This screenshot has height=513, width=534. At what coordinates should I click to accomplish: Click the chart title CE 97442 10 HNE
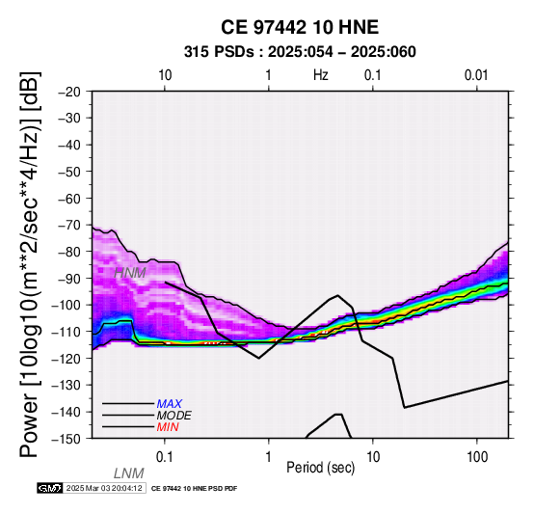(300, 27)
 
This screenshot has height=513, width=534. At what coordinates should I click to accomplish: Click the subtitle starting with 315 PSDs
(300, 52)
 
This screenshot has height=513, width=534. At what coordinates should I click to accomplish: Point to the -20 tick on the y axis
(69, 92)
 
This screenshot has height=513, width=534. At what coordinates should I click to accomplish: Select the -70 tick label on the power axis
(69, 226)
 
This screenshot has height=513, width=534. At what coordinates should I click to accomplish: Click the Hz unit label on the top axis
(321, 75)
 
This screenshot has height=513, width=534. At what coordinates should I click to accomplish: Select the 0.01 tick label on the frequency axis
(476, 75)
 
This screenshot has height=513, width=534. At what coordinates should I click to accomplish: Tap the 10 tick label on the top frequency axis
(165, 75)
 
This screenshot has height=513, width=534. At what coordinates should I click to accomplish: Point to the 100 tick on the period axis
(477, 457)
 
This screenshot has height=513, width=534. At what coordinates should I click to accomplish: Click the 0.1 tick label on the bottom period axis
(165, 457)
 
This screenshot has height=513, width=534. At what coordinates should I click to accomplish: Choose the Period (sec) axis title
(320, 468)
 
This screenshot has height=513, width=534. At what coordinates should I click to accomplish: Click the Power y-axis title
(30, 264)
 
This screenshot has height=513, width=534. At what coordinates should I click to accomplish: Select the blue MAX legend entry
(170, 404)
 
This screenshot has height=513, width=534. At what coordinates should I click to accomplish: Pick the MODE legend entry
(174, 416)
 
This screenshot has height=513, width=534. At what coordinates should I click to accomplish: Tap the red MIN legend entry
(168, 427)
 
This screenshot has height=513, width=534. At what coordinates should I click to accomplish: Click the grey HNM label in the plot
(130, 273)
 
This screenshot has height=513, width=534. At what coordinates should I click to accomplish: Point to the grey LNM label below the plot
(129, 473)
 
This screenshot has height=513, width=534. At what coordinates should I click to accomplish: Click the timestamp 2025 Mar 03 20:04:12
(104, 489)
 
